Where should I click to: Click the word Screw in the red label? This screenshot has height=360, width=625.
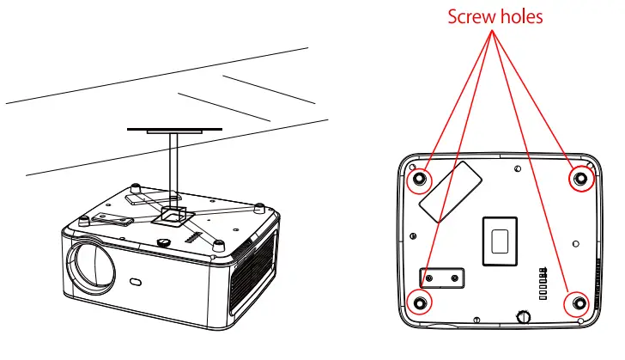coord(470,17)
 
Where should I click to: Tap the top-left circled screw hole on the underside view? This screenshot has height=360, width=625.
coord(420,179)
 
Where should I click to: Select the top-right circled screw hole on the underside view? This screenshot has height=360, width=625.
coord(580,179)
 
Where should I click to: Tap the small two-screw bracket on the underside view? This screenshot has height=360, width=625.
coord(441,277)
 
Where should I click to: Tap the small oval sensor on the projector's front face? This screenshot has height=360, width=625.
coord(137,281)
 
